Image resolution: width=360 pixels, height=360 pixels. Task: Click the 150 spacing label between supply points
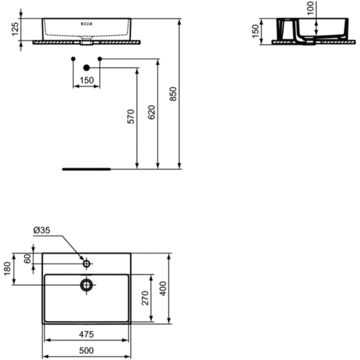(86, 80)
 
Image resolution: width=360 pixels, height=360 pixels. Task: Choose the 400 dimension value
(163, 291)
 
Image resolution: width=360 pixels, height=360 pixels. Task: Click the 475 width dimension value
(86, 335)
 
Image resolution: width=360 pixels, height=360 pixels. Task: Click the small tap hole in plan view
(86, 264)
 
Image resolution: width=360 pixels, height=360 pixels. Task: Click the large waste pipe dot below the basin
(86, 67)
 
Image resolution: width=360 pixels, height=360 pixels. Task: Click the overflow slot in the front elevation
(86, 23)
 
